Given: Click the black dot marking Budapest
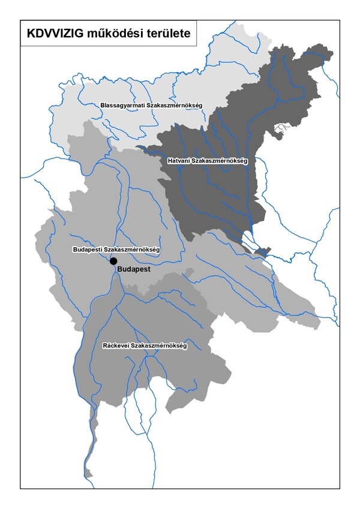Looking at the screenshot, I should tap(113, 261).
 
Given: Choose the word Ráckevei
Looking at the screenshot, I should tap(116, 346).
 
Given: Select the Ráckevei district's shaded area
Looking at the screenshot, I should tap(180, 372).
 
